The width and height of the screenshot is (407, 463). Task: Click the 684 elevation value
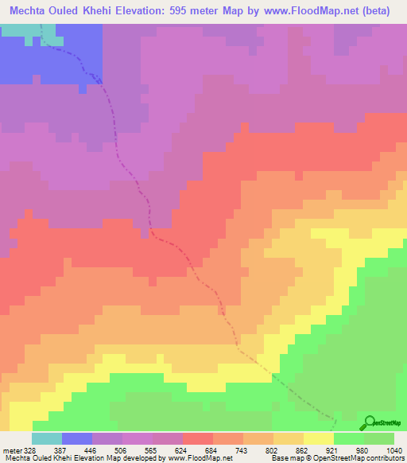click(x=213, y=450)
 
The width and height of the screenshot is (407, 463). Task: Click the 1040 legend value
click(x=394, y=450)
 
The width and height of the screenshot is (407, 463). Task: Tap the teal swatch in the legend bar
click(x=47, y=438)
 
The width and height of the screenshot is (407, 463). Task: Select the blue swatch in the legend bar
click(x=77, y=438)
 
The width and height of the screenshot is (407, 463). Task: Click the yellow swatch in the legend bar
click(x=319, y=438)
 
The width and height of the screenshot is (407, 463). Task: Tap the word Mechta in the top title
click(x=31, y=11)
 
